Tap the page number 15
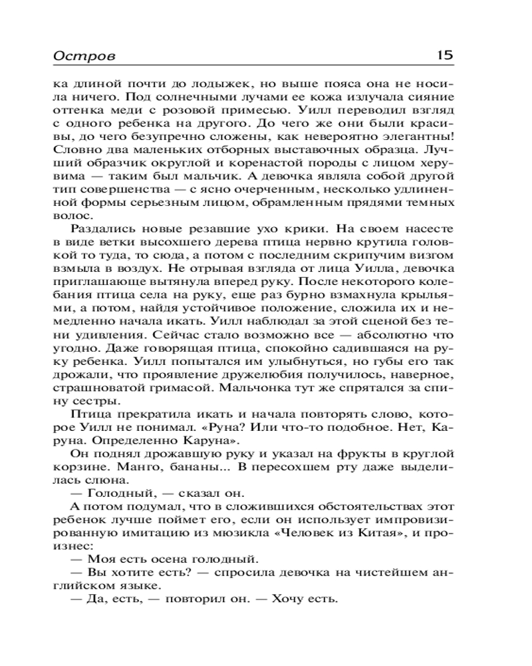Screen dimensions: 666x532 click(444, 55)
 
